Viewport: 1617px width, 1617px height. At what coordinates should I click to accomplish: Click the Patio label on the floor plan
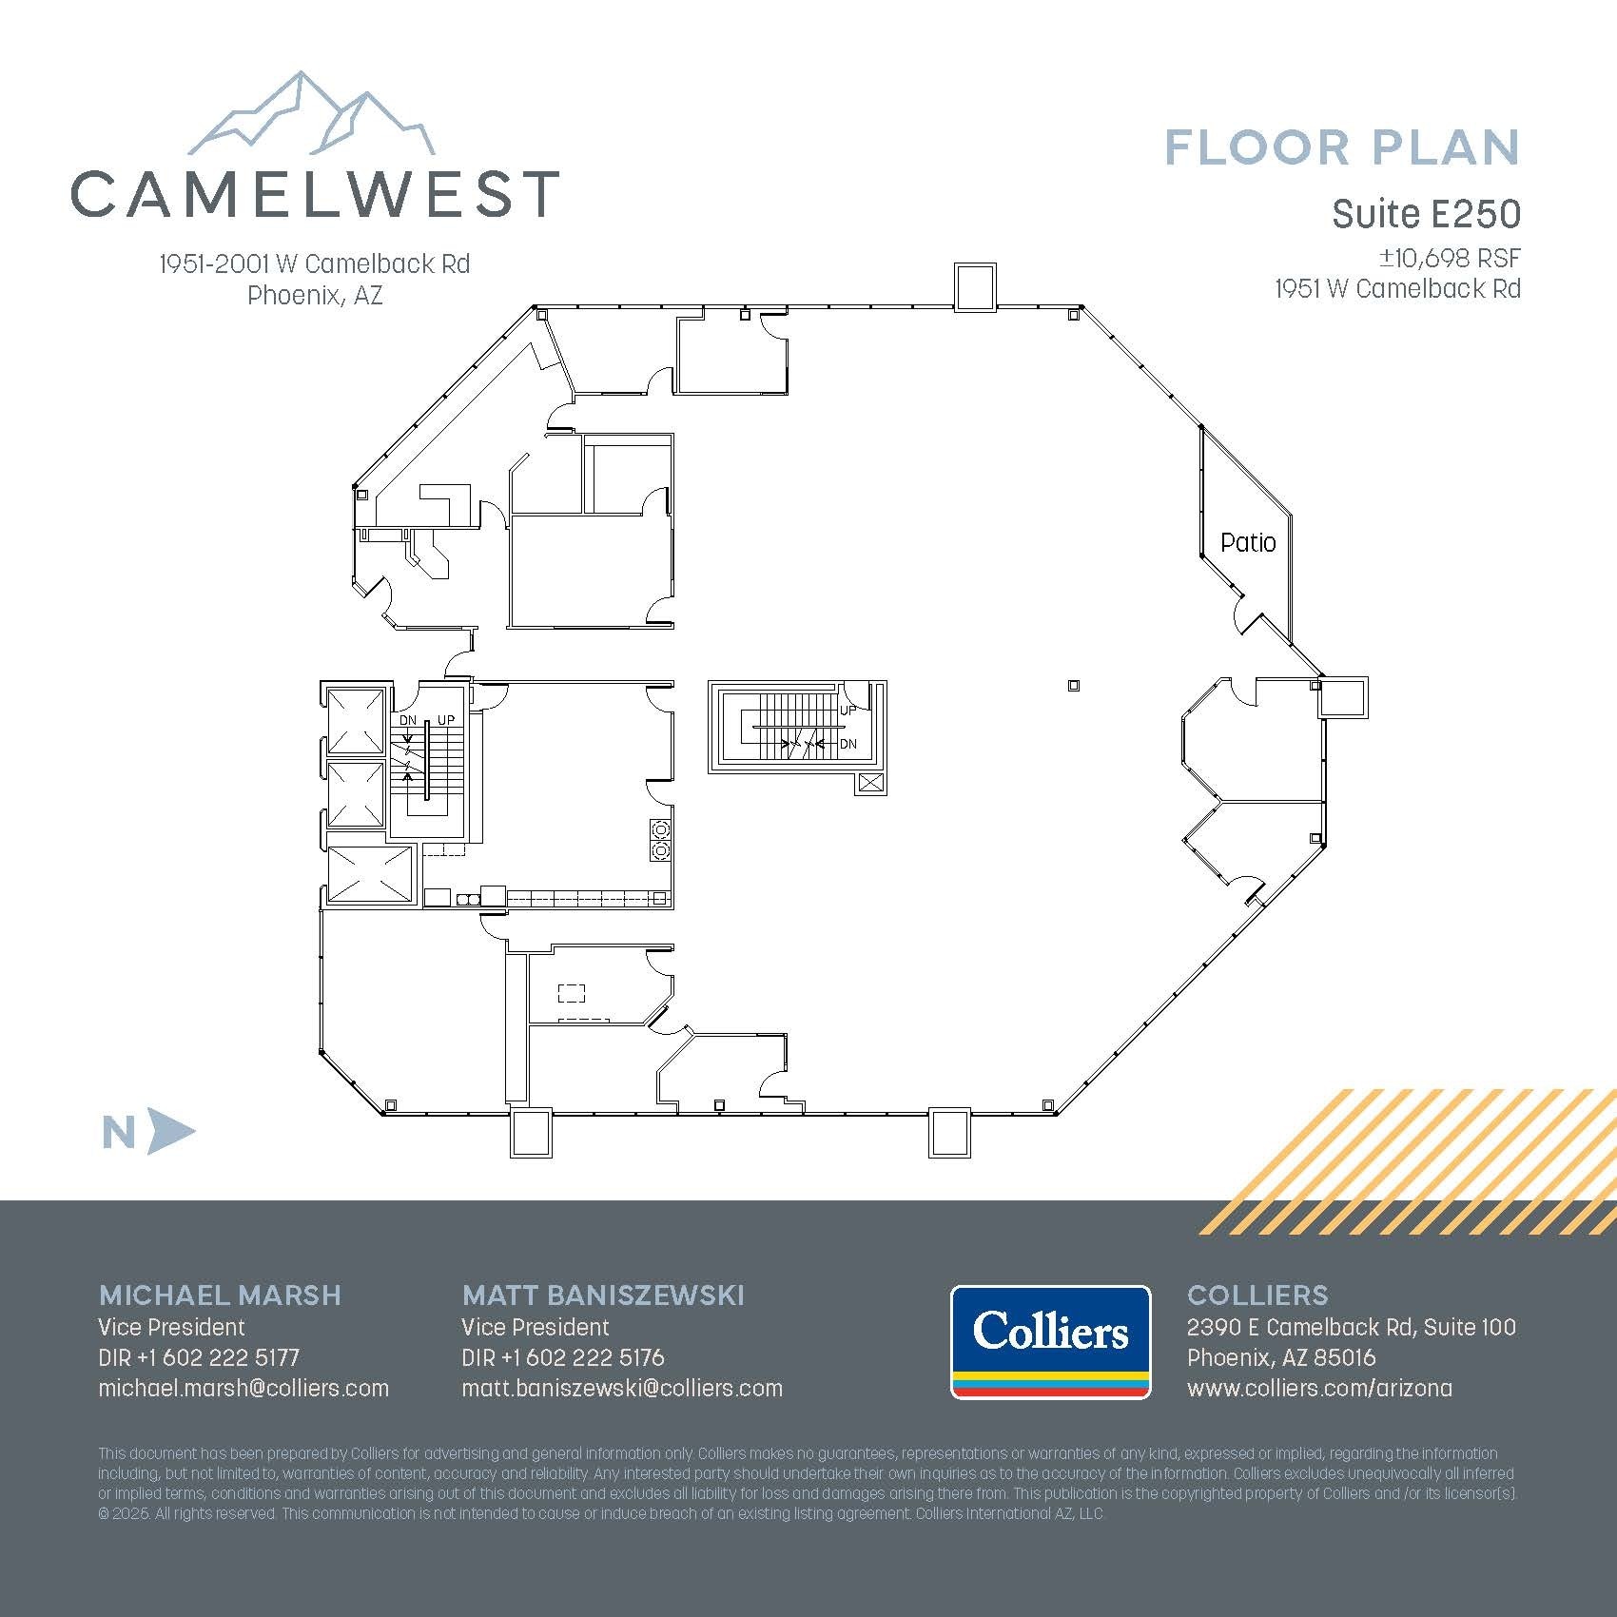point(1247,542)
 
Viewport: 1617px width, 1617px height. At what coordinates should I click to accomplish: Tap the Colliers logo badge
point(1050,1342)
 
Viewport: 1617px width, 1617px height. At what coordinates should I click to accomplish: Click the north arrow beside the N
point(171,1131)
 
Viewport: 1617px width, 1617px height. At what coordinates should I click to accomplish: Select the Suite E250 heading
point(1425,214)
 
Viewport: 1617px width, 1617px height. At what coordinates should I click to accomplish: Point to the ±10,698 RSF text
point(1450,258)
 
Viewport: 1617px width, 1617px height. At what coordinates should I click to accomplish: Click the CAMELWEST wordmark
point(314,193)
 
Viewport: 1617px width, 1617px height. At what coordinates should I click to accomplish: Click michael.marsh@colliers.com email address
point(244,1388)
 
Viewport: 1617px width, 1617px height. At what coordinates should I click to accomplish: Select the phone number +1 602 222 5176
point(582,1357)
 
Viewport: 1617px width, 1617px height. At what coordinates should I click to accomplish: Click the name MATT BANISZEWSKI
point(603,1295)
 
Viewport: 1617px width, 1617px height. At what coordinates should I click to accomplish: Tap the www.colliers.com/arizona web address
point(1319,1388)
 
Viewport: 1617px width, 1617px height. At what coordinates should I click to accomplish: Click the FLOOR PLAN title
point(1341,148)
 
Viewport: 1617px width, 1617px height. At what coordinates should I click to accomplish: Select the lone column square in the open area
point(1074,685)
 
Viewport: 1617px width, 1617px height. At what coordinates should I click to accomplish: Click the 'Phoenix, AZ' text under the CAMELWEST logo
point(315,295)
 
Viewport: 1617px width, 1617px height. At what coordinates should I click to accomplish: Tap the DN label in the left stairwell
point(408,720)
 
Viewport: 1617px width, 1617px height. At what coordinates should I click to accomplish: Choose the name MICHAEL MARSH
point(220,1295)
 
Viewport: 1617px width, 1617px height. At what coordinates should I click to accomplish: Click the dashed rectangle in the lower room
point(571,993)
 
